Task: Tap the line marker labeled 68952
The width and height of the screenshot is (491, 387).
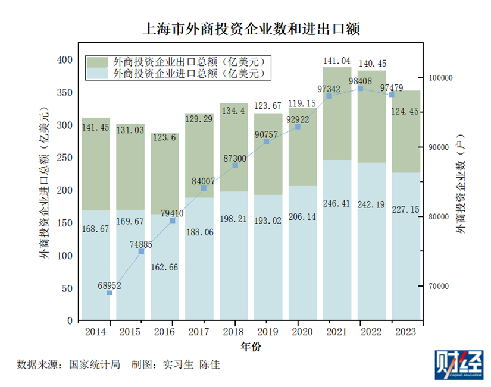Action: [x=110, y=293]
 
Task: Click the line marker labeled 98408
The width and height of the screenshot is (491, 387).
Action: [x=360, y=89]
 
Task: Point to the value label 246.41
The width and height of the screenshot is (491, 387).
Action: [x=337, y=204]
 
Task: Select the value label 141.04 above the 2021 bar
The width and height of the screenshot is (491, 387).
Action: [x=337, y=61]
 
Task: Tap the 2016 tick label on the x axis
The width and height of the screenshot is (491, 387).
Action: [x=164, y=331]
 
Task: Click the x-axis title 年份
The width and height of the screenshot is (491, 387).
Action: [x=250, y=346]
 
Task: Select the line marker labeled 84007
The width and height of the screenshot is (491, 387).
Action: [x=204, y=188]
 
